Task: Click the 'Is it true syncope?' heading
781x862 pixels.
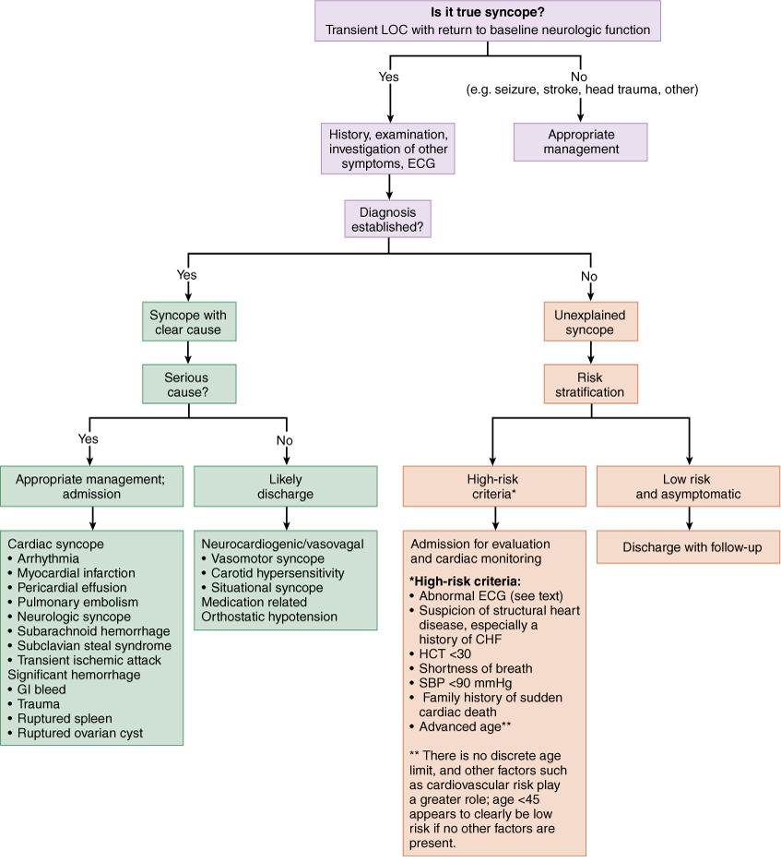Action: click(x=487, y=13)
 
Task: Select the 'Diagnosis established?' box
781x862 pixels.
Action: click(x=388, y=219)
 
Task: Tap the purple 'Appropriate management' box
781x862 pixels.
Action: click(x=581, y=142)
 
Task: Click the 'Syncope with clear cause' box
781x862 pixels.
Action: click(x=189, y=321)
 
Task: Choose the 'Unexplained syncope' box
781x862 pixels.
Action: click(x=590, y=321)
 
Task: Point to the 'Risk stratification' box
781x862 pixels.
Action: click(x=590, y=384)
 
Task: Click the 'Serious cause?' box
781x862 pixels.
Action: click(x=189, y=384)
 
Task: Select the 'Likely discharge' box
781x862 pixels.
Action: click(x=286, y=486)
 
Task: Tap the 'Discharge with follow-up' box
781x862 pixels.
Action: click(x=688, y=547)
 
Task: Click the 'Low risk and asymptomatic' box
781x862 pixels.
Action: click(x=688, y=486)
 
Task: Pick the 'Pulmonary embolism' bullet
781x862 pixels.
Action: click(x=73, y=602)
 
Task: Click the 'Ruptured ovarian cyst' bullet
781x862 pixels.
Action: click(x=76, y=733)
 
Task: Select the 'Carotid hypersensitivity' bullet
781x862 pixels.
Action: click(x=273, y=573)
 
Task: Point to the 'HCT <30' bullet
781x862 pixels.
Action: click(x=441, y=653)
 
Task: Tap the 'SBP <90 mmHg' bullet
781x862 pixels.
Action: click(x=461, y=683)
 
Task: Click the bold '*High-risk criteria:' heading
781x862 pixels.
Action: click(x=465, y=581)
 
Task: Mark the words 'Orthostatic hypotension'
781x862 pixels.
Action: click(x=269, y=617)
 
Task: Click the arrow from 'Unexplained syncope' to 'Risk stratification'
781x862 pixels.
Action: click(x=590, y=353)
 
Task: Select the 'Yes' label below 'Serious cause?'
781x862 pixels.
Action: click(x=88, y=438)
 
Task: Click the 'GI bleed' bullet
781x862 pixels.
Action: click(x=37, y=689)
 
